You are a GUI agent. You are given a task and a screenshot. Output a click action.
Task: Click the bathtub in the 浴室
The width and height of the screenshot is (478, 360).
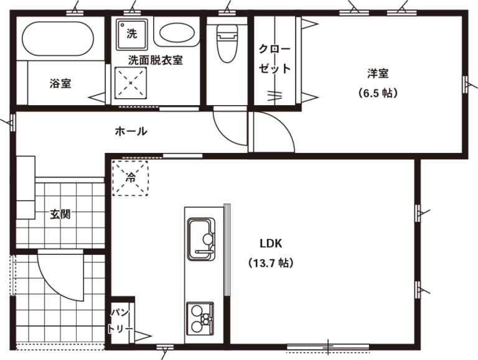tap(58, 39)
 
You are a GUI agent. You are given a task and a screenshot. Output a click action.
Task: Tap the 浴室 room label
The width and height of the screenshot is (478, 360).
tap(60, 83)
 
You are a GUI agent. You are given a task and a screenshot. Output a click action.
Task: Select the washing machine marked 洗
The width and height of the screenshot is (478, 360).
tap(132, 34)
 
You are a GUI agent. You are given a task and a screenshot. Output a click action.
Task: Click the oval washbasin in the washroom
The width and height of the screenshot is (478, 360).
tap(177, 33)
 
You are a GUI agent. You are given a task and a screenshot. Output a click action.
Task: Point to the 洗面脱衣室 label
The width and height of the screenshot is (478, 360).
tap(155, 60)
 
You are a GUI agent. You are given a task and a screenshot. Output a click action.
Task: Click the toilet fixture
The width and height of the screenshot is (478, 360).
tap(227, 44)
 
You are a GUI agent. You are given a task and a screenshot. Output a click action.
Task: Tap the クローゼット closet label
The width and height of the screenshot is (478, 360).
tap(274, 59)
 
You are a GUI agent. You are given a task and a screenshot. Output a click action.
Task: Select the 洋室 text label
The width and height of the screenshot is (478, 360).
tap(378, 74)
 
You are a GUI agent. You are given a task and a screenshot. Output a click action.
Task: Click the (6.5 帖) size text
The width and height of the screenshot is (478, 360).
tap(378, 93)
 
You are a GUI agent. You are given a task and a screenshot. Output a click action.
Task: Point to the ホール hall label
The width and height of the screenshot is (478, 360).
tap(131, 132)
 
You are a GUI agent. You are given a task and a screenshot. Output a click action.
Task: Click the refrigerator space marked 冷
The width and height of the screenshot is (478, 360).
tap(131, 178)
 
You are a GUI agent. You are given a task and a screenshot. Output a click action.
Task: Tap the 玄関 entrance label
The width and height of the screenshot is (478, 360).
tap(60, 214)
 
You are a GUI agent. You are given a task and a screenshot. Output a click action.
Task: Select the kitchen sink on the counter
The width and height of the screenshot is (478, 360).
tap(201, 239)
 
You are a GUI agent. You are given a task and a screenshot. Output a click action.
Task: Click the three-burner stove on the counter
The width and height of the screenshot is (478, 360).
tap(200, 318)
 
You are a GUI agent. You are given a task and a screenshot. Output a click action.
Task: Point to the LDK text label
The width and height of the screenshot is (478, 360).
tap(271, 243)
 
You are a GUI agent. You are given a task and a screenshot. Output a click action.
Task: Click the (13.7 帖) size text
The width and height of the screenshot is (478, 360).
tap(271, 262)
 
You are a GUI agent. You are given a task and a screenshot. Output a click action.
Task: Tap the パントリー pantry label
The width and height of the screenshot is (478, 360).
tap(120, 321)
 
